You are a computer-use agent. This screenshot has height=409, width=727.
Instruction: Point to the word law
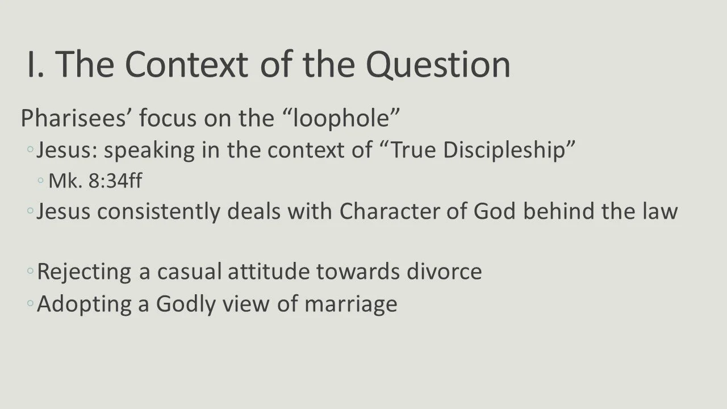[661, 211]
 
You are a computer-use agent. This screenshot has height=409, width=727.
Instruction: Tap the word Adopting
[85, 304]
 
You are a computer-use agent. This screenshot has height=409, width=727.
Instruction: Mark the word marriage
[350, 304]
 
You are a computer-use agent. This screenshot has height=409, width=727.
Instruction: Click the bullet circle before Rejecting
[30, 272]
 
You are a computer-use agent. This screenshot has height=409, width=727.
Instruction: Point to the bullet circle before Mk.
[41, 181]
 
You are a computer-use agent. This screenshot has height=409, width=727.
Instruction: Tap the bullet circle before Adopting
[30, 304]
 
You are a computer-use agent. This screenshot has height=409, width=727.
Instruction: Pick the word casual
[189, 272]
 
